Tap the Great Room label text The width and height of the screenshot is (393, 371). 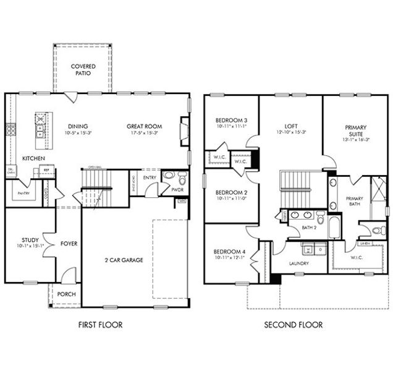pos(144,126)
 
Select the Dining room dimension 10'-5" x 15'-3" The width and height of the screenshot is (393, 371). pos(78,132)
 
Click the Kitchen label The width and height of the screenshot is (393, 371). pos(33,158)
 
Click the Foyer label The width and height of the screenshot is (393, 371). pos(69,244)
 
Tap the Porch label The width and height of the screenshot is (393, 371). pos(66,294)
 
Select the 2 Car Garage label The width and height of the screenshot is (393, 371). pos(123,260)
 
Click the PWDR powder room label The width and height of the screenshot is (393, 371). pos(177,190)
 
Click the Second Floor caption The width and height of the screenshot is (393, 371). pos(293,324)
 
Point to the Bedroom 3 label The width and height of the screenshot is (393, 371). pos(231,120)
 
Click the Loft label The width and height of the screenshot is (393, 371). pos(290,126)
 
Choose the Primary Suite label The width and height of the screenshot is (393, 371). pos(355,130)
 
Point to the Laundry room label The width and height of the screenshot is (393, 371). pos(298,263)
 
